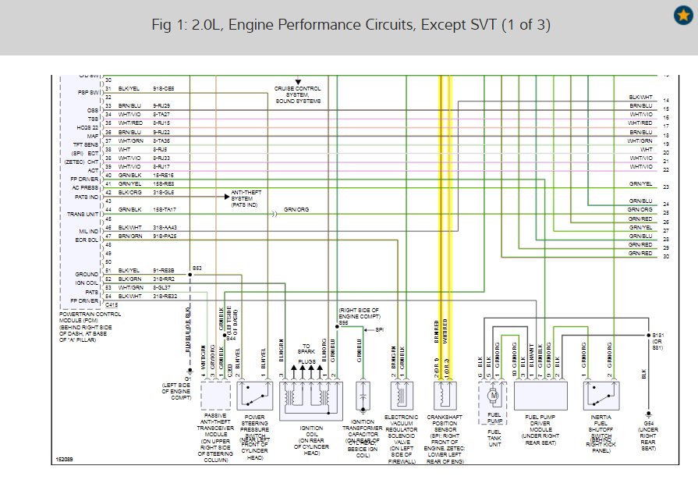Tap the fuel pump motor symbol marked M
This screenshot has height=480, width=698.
(493, 396)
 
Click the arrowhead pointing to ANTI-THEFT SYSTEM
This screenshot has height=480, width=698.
(223, 197)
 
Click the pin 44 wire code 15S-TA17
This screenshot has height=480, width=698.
(165, 210)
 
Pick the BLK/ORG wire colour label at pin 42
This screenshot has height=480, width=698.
(129, 192)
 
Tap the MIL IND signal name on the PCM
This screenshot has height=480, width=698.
(87, 231)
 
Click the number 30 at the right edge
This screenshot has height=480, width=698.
(666, 257)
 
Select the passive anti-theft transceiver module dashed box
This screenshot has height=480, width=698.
(215, 396)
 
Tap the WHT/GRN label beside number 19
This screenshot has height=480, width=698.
(640, 140)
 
